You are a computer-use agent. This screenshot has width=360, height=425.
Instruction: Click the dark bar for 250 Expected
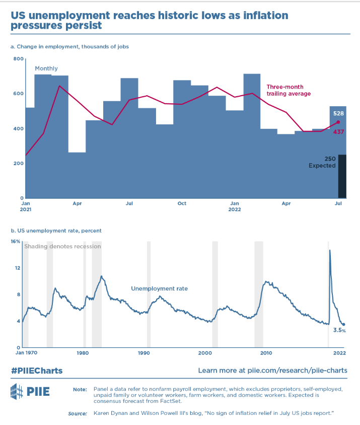342,176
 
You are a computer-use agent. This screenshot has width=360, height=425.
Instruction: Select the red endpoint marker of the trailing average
338,122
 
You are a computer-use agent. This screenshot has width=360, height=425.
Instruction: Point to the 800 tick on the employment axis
19,59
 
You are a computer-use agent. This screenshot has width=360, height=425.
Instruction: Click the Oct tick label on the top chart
182,203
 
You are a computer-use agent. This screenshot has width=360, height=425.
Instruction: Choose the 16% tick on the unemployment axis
16,241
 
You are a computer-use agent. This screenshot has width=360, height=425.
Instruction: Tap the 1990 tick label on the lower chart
145,353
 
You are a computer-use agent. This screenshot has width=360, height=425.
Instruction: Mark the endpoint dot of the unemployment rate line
343,325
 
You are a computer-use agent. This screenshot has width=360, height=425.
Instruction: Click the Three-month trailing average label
289,90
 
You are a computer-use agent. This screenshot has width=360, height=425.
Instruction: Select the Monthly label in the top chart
46,68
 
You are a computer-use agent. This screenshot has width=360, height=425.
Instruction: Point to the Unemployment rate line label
159,289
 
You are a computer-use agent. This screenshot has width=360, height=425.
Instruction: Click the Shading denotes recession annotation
62,246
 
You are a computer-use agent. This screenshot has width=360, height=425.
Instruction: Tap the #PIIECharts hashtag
37,370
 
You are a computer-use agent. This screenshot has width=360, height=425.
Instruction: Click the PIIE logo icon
17,391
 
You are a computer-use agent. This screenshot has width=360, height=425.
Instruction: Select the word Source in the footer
78,413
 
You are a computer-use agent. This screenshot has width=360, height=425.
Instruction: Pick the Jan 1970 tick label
26,353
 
